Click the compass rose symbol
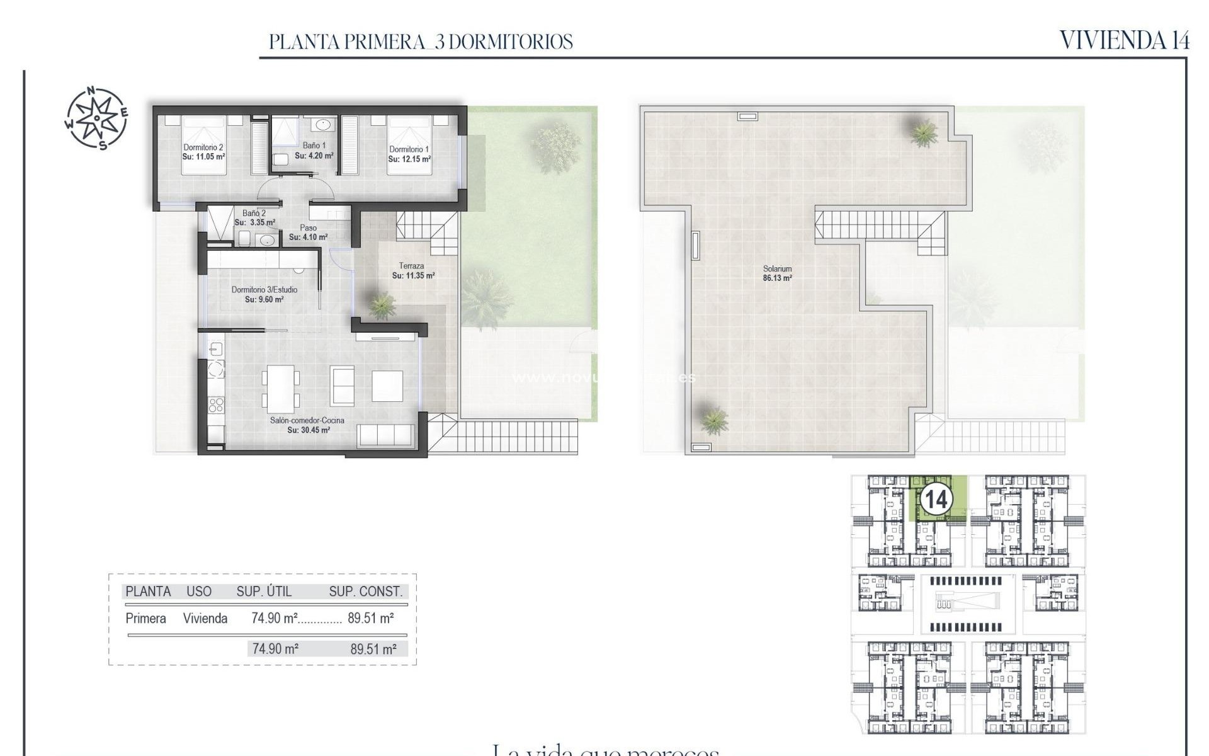[x=96, y=118]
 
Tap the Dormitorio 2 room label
[x=203, y=148]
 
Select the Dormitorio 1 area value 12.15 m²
[x=409, y=159]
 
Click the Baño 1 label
[x=314, y=146]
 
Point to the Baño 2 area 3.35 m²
[x=255, y=222]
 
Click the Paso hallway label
[x=308, y=228]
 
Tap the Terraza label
[x=411, y=266]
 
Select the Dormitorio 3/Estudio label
[x=264, y=290]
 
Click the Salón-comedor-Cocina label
[x=307, y=420]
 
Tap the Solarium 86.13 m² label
[x=777, y=273]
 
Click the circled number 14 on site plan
[x=936, y=500]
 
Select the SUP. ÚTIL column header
[x=264, y=592]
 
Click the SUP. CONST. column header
[x=365, y=592]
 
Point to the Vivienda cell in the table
[x=205, y=619]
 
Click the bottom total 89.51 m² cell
[x=373, y=649]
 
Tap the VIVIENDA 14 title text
[x=1124, y=40]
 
